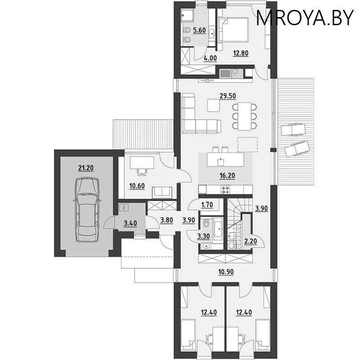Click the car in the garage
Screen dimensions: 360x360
[x=87, y=209]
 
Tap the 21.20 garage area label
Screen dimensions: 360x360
[x=86, y=168]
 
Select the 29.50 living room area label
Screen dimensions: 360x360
[x=228, y=96]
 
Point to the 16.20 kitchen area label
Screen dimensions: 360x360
[x=227, y=175]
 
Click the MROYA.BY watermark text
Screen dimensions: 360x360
[x=305, y=18]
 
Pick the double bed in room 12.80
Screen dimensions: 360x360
[x=233, y=30]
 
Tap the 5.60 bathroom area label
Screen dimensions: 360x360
[x=199, y=30]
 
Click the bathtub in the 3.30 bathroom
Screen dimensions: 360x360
[x=218, y=229]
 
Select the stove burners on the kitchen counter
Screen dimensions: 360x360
[x=225, y=189]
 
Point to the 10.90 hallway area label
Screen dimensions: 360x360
[x=226, y=272]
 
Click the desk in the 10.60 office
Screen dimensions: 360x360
[x=142, y=163]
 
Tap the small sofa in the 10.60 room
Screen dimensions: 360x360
[x=162, y=193]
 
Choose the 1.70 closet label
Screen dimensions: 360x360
[x=207, y=205]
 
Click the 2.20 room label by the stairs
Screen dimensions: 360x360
[x=251, y=241]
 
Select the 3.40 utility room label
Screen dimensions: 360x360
[x=130, y=223]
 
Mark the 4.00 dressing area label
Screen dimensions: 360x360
[x=210, y=58]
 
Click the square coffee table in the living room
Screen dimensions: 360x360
[x=213, y=105]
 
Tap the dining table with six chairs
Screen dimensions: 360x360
[x=244, y=117]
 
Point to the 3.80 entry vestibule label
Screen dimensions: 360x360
[x=166, y=220]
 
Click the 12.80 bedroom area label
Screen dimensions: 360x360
[x=241, y=53]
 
